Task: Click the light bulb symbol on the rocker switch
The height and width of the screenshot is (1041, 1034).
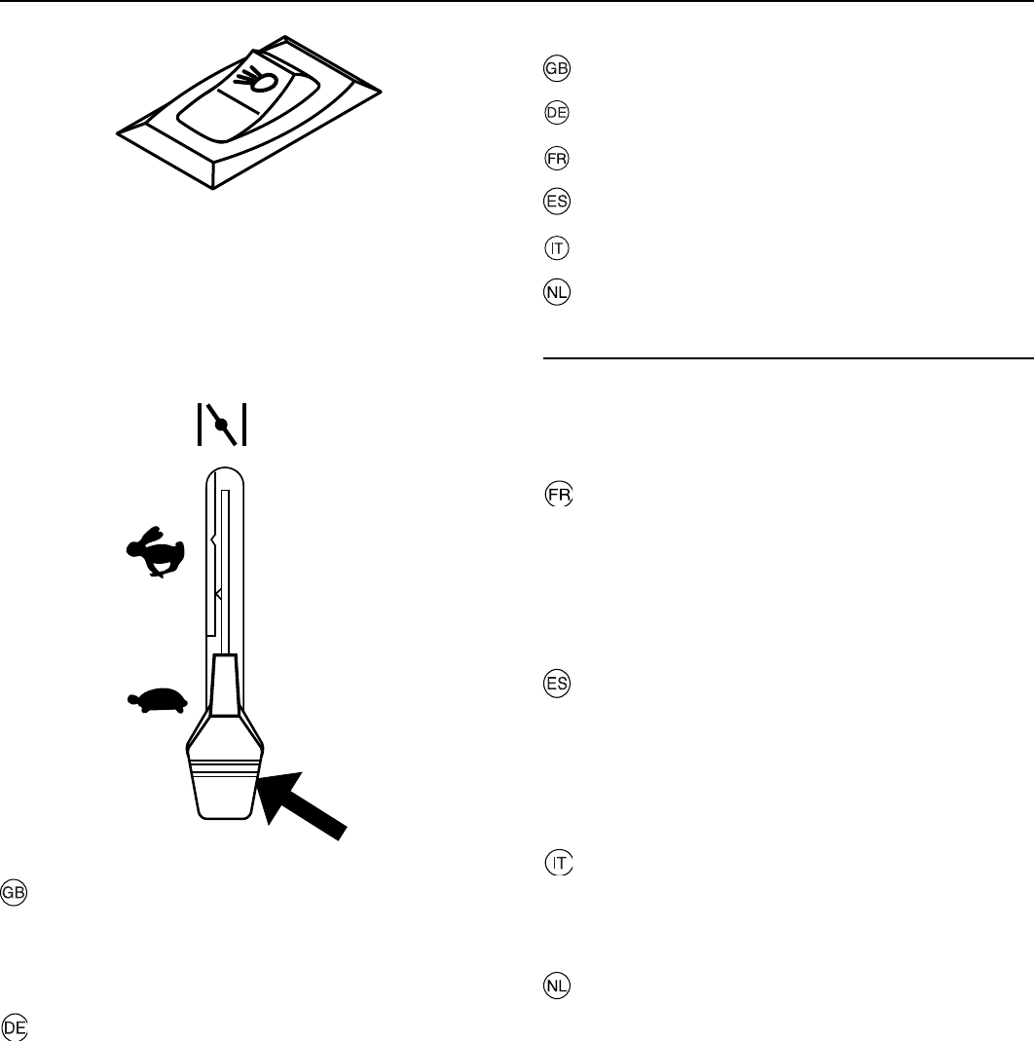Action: click(x=262, y=81)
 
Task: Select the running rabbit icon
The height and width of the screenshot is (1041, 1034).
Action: click(x=157, y=553)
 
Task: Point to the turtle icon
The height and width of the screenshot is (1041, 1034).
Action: click(x=157, y=700)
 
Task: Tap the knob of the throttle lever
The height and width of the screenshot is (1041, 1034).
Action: click(x=226, y=779)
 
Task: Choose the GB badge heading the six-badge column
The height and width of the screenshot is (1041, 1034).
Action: click(x=558, y=69)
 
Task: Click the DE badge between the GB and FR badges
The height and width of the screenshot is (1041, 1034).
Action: click(x=558, y=113)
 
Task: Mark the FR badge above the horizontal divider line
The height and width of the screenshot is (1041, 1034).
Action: click(x=558, y=158)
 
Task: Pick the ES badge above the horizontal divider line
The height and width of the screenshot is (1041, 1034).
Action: click(x=558, y=203)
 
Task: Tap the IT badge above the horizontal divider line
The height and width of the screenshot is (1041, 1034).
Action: click(x=558, y=247)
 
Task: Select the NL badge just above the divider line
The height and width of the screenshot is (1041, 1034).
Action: click(x=558, y=292)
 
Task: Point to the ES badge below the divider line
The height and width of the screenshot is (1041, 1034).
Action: click(x=558, y=684)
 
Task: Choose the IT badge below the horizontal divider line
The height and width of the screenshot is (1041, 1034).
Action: click(x=558, y=863)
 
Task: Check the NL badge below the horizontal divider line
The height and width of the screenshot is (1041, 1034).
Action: click(x=558, y=985)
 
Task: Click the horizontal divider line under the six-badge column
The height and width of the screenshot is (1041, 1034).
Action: click(x=787, y=357)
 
